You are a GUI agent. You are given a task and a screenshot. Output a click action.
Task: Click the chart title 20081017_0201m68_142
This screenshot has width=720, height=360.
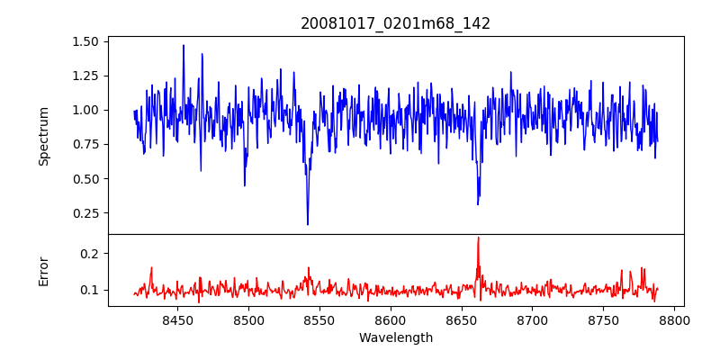click(395, 23)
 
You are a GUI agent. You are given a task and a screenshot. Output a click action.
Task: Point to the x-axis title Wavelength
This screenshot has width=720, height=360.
click(395, 337)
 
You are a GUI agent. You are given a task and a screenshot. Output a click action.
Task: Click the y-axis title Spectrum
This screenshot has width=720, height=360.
click(43, 136)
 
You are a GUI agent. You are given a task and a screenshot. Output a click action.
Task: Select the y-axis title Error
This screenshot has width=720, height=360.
click(43, 271)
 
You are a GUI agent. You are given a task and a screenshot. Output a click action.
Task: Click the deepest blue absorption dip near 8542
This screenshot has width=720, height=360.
click(308, 224)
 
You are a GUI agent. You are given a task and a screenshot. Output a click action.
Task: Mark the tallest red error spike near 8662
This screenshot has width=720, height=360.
click(478, 238)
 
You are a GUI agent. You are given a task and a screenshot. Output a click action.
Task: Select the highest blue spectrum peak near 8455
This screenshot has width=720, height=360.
click(184, 46)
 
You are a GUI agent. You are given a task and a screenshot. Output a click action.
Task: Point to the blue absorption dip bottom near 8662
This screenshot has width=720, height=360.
click(478, 203)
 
